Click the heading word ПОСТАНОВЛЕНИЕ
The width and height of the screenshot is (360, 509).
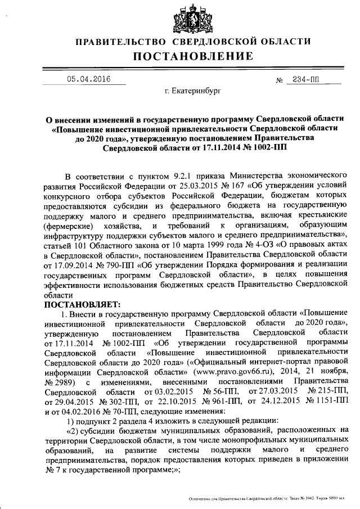point(193,56)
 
